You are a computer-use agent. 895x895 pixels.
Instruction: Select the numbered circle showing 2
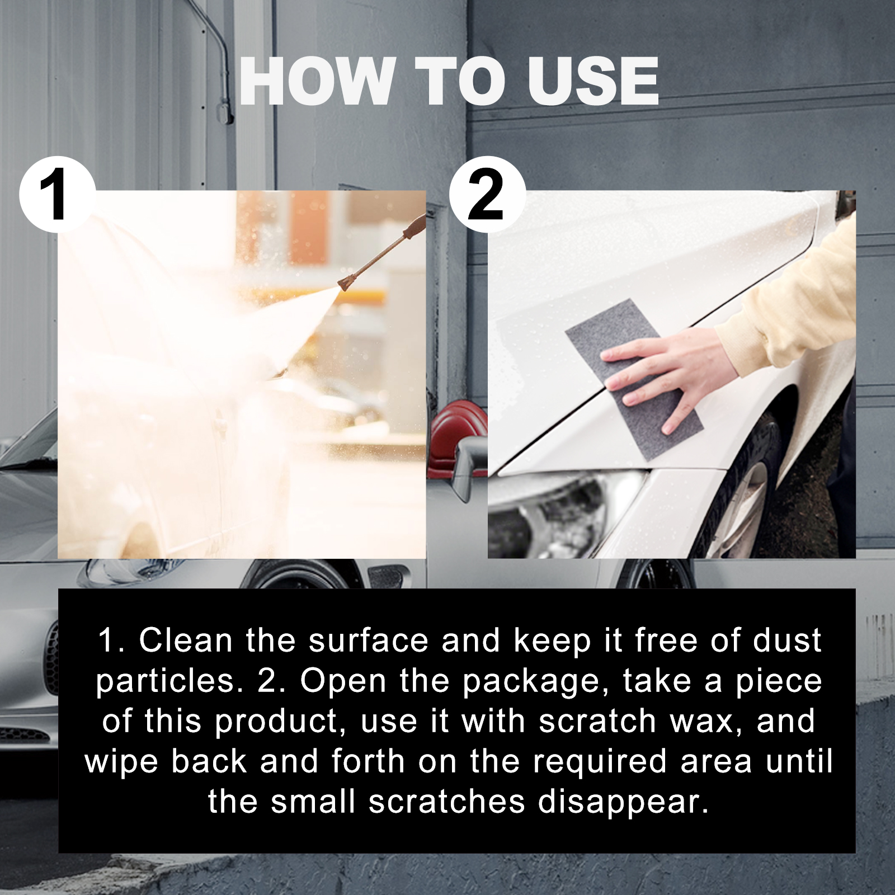[x=487, y=195]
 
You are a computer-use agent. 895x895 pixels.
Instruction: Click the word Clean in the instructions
[x=186, y=640]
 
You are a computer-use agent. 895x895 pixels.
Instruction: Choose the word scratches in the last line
[x=447, y=802]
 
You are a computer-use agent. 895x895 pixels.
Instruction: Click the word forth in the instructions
[x=368, y=761]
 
